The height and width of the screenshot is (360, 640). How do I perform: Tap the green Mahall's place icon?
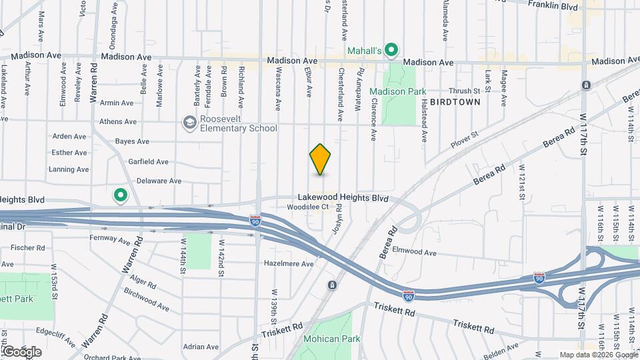tap(392, 49)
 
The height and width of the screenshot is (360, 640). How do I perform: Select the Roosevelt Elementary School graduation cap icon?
tap(189, 123)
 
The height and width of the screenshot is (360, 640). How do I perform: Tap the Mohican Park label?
tap(331, 339)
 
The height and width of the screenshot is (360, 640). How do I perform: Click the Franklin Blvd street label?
tap(552, 5)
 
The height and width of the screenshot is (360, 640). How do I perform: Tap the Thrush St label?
tap(465, 91)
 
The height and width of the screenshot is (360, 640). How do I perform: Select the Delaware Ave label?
tap(159, 181)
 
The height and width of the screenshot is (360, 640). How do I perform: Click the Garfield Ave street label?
tap(148, 161)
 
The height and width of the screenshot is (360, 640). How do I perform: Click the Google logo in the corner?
tap(21, 351)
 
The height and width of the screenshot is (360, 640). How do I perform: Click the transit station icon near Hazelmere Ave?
tap(331, 285)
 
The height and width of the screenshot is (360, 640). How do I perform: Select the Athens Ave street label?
tap(117, 122)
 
